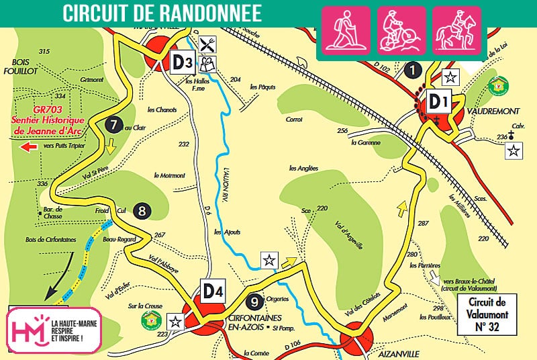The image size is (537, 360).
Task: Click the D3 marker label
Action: point(183,62)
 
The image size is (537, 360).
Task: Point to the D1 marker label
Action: point(438,102)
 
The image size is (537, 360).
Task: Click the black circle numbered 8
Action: point(142,210)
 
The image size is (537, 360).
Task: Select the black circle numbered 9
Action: point(253,302)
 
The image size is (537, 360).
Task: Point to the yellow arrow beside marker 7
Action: point(111,144)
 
